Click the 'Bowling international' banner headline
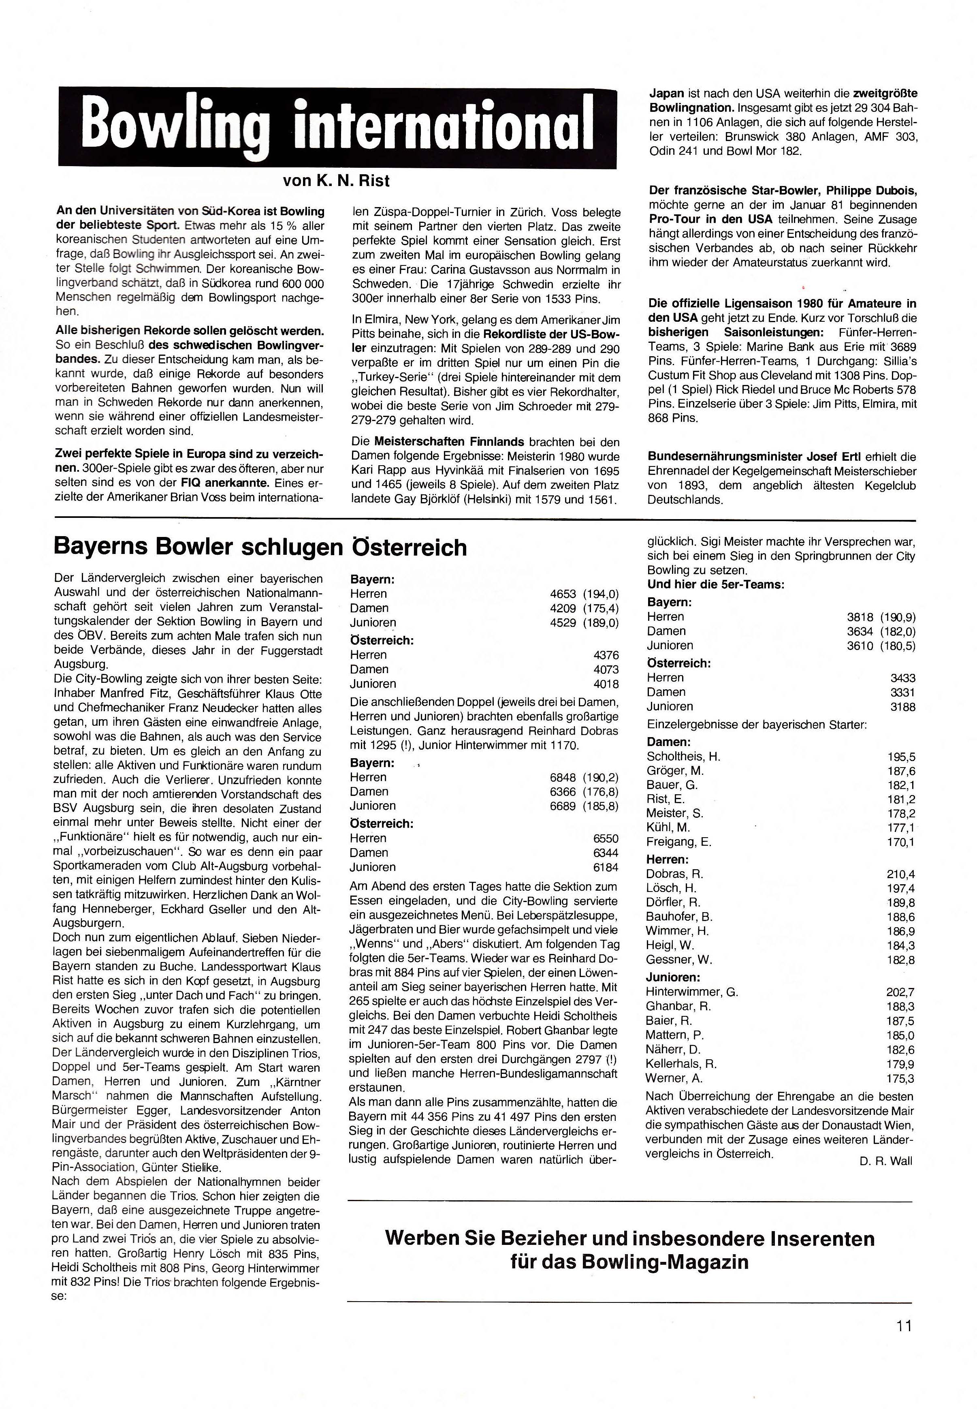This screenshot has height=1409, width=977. pos(337,127)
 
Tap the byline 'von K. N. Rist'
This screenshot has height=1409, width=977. pos(336,181)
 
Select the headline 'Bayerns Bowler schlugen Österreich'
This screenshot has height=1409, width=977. pos(260,547)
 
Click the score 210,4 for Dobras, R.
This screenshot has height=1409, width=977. pos(900,874)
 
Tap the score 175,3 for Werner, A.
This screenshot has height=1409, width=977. pos(900,1078)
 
